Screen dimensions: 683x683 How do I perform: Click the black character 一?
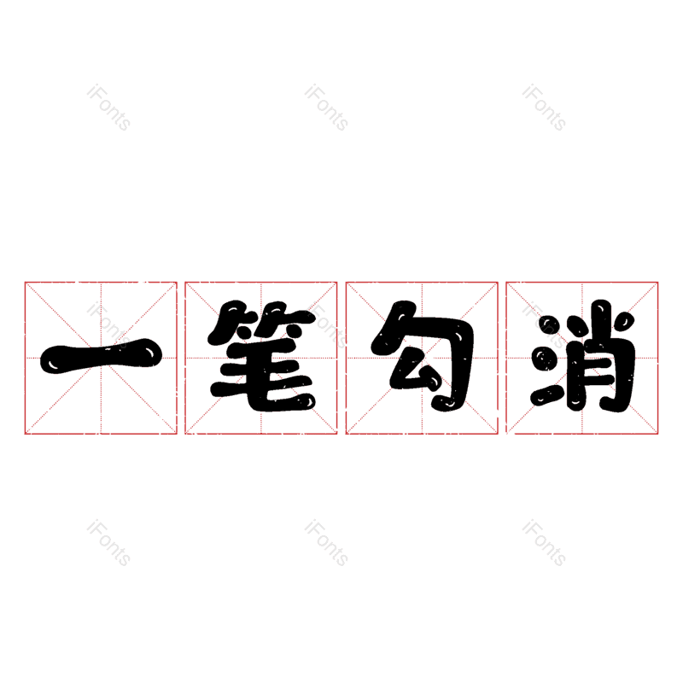(x=101, y=357)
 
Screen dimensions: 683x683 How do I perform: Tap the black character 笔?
(x=261, y=357)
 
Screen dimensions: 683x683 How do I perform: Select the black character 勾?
(x=421, y=357)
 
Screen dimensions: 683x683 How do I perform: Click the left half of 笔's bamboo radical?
(x=231, y=320)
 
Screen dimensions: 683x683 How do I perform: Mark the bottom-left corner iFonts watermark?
(x=108, y=544)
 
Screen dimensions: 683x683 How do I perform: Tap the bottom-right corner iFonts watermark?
(x=544, y=544)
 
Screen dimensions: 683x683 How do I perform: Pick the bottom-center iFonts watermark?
(x=327, y=544)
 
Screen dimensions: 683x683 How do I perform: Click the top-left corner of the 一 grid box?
(x=25, y=282)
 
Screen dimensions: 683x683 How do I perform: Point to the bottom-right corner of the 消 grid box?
(x=658, y=434)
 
